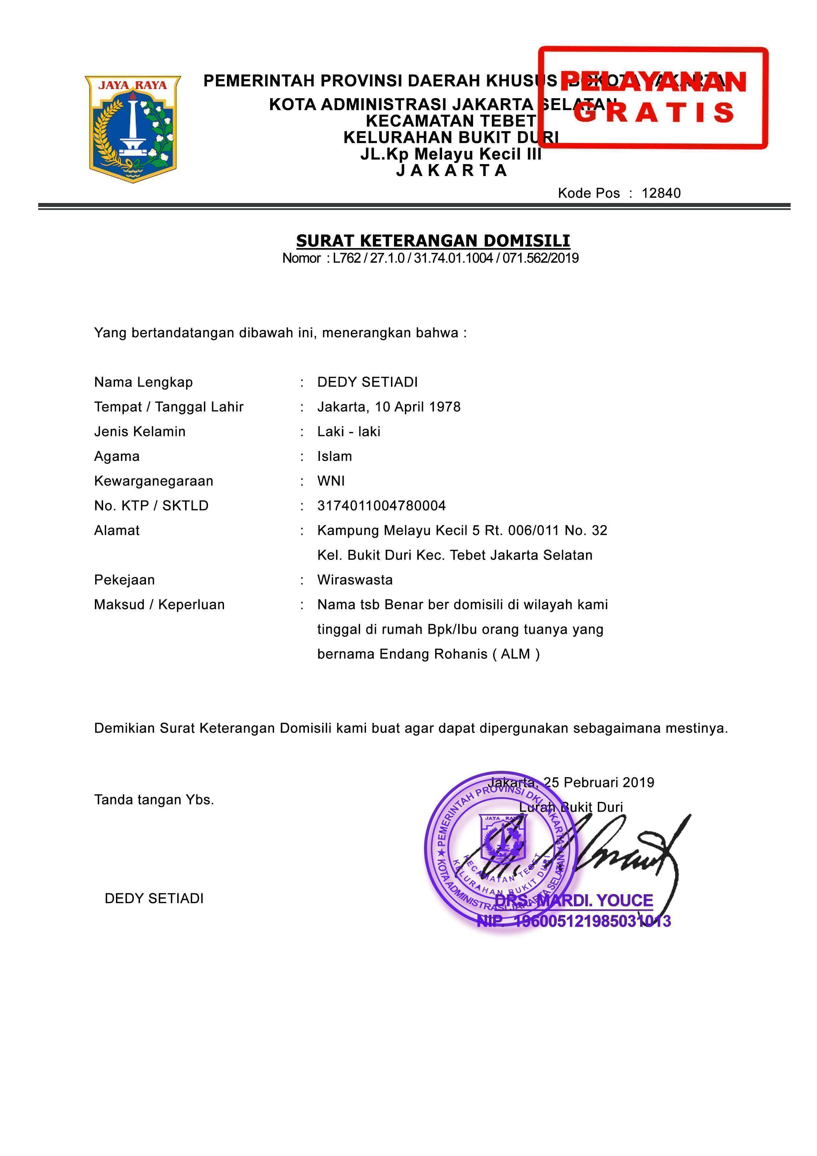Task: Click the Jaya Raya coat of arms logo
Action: point(133,129)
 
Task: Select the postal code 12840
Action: point(661,193)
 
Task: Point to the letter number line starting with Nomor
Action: point(430,258)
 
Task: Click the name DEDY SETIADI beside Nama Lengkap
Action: point(367,382)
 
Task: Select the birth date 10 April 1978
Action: point(417,407)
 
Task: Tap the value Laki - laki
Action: point(349,431)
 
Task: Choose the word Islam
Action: point(334,456)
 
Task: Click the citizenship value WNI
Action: point(331,481)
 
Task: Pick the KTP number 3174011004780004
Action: point(381,506)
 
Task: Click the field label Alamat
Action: point(117,530)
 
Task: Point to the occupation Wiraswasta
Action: point(355,580)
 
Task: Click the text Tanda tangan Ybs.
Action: point(154,799)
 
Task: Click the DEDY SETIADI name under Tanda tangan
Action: point(154,898)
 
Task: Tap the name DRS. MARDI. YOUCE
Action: point(574,900)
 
